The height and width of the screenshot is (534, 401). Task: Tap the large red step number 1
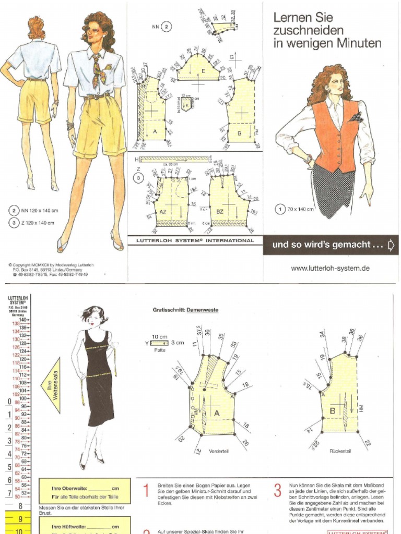coord(147,491)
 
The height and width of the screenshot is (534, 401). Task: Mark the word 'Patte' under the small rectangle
coord(160,350)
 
